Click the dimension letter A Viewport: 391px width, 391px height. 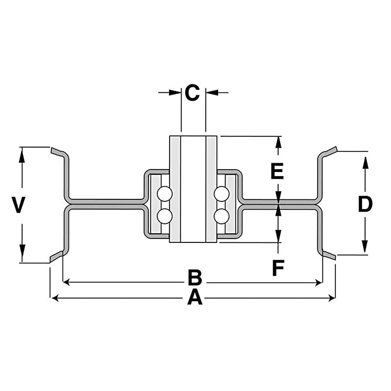point(195,297)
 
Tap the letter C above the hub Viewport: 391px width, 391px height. point(193,92)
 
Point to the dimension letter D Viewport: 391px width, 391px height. point(365,204)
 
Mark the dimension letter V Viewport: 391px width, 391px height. point(18,205)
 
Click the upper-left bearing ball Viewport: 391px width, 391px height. point(165,195)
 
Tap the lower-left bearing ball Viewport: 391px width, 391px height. point(165,216)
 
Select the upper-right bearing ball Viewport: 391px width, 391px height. point(221,195)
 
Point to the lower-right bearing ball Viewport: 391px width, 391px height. point(221,216)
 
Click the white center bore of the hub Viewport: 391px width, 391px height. point(193,188)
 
